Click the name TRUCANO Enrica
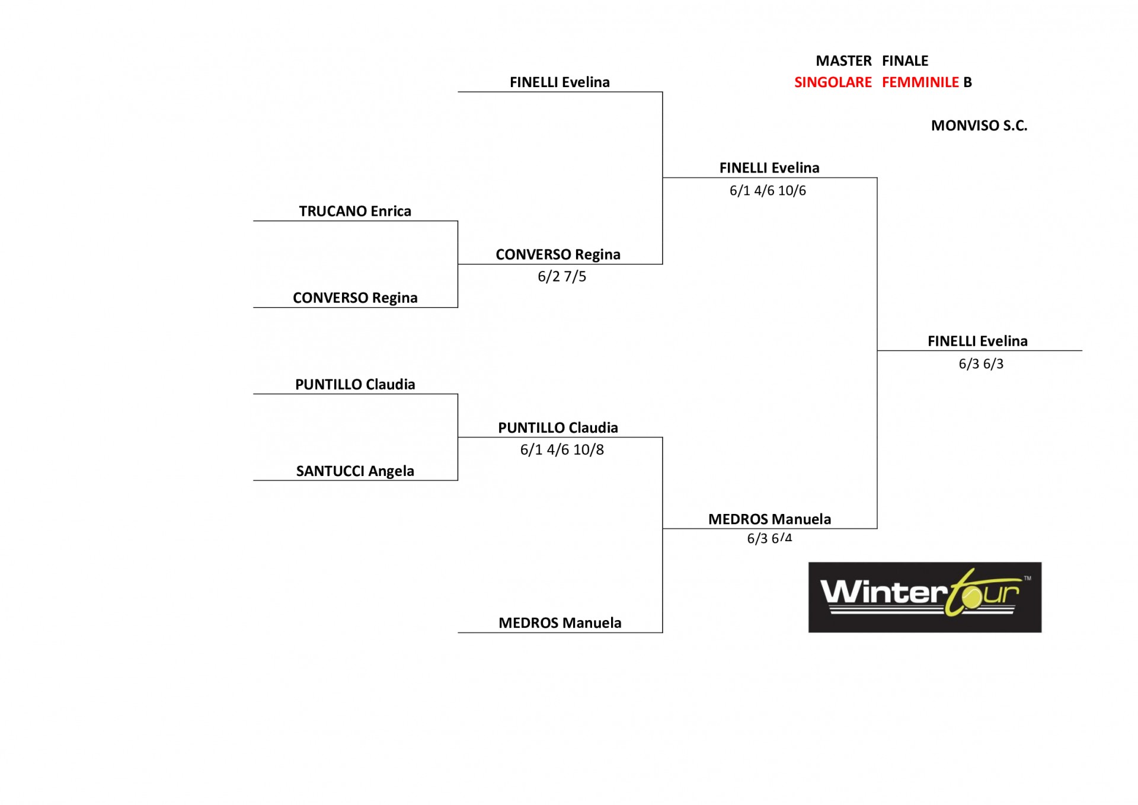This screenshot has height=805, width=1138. [355, 211]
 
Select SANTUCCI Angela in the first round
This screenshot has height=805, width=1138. [355, 471]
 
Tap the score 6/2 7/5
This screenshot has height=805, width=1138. [562, 276]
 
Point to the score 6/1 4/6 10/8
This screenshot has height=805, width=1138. [562, 449]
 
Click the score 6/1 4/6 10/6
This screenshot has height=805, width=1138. [768, 190]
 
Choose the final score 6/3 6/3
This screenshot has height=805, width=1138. [981, 363]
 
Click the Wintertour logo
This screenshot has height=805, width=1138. [925, 597]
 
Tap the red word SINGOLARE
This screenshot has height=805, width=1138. [833, 82]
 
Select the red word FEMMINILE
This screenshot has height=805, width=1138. [920, 82]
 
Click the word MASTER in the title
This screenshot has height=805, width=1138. [843, 61]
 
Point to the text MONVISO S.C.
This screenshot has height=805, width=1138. [979, 126]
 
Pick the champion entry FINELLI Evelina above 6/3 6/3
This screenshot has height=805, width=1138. [977, 341]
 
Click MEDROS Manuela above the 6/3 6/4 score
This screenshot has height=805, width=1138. [769, 519]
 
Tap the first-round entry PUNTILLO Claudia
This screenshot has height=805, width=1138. [355, 384]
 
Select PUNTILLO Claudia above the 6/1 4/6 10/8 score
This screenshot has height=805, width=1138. [558, 427]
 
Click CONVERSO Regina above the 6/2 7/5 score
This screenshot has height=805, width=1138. [558, 254]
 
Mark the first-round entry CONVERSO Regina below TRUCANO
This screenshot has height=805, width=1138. [355, 298]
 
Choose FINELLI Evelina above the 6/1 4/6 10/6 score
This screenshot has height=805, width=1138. [769, 168]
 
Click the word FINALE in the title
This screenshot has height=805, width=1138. [905, 61]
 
